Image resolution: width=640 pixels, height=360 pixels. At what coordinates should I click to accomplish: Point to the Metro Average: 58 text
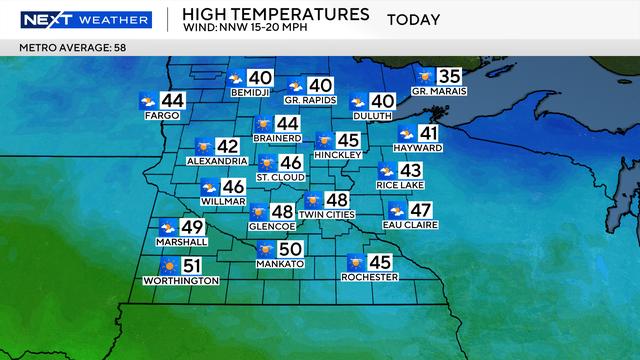pyautogui.click(x=64, y=47)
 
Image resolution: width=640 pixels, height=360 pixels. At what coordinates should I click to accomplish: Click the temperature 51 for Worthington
pyautogui.click(x=192, y=266)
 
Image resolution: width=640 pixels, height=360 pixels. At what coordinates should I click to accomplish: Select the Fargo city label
pyautogui.click(x=162, y=116)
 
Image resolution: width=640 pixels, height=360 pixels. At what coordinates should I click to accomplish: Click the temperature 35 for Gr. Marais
pyautogui.click(x=450, y=76)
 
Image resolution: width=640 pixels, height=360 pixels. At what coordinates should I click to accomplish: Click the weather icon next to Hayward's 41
pyautogui.click(x=407, y=134)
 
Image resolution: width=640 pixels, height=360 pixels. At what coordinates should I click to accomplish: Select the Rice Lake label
pyautogui.click(x=399, y=185)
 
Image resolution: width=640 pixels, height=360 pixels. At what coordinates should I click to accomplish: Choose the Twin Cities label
pyautogui.click(x=326, y=215)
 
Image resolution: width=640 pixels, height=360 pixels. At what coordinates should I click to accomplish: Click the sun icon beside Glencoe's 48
pyautogui.click(x=257, y=212)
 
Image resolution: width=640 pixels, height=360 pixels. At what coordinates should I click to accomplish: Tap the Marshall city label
pyautogui.click(x=182, y=242)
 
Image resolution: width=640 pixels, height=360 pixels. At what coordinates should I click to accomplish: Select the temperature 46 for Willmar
pyautogui.click(x=233, y=186)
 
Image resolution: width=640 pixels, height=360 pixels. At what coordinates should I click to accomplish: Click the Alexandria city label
pyautogui.click(x=217, y=160)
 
